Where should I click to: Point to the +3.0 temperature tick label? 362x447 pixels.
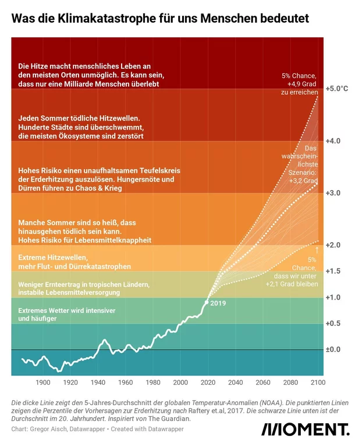coord(336,193)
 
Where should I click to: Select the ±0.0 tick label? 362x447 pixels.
coord(336,349)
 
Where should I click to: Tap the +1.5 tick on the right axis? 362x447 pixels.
coord(336,271)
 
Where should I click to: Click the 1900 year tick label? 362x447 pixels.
coord(43,382)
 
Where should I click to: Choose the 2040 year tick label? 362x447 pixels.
coord(236,382)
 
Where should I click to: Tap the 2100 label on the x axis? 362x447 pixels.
coord(318,382)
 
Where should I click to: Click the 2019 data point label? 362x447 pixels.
coord(218,303)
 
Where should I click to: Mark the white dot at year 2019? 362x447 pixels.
coord(207,303)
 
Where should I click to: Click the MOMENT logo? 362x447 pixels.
coord(305,430)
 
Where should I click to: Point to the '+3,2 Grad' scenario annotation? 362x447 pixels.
coord(303,182)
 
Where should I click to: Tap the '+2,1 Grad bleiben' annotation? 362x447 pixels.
coord(292,284)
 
